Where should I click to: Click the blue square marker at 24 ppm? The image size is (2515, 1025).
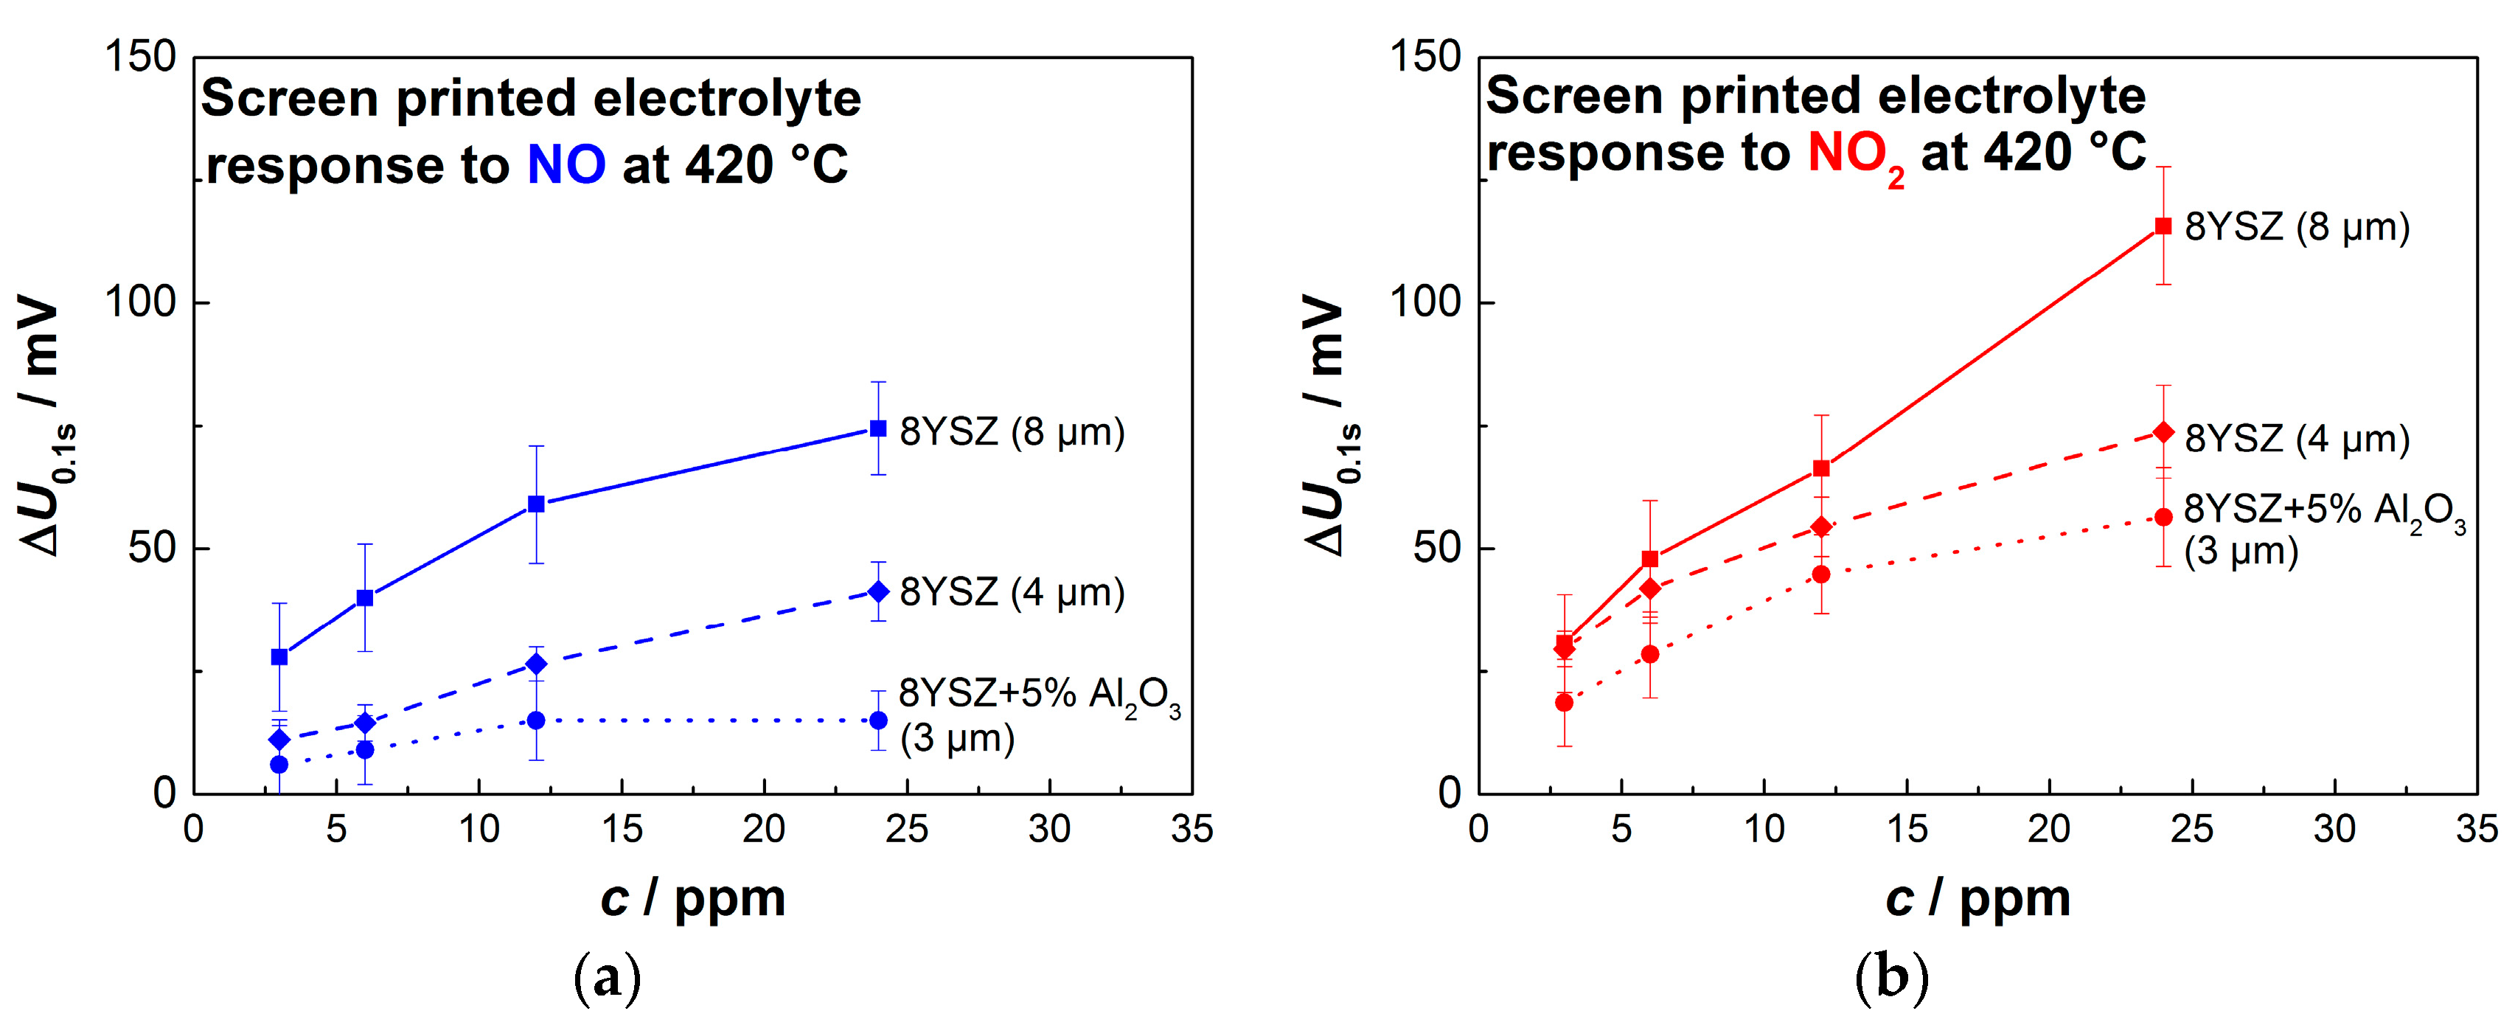tap(877, 428)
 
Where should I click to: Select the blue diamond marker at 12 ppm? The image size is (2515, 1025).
tap(536, 664)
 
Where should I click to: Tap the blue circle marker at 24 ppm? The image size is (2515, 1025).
tap(877, 720)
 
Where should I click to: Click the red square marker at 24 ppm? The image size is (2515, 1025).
tap(2163, 226)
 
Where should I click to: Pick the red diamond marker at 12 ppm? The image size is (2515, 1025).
tap(1821, 527)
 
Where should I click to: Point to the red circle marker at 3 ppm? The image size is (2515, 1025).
tap(1564, 702)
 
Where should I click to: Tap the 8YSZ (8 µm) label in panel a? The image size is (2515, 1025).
tap(1012, 431)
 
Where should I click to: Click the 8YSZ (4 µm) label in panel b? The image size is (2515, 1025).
tap(2296, 439)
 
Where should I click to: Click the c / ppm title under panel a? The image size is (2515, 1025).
tap(692, 898)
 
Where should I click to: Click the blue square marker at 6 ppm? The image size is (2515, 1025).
tap(364, 597)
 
